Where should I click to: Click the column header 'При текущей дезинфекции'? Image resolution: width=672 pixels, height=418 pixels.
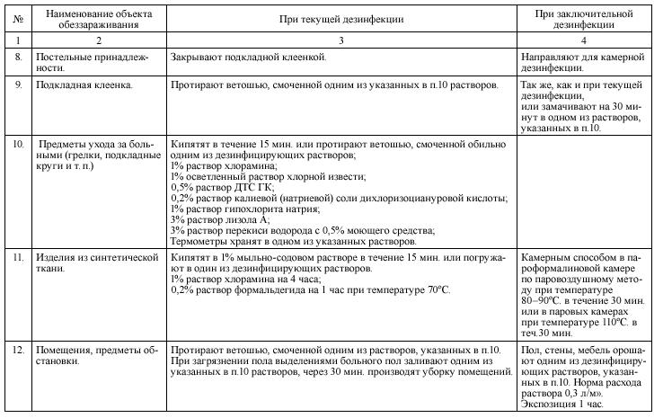pyautogui.click(x=342, y=18)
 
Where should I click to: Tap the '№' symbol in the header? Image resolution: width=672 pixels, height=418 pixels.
pyautogui.click(x=16, y=18)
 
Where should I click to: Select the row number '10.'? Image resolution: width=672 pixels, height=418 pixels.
pyautogui.click(x=18, y=143)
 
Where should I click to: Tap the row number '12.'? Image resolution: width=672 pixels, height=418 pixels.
pyautogui.click(x=18, y=349)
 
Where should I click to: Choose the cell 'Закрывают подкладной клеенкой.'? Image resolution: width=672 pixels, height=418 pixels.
pyautogui.click(x=248, y=57)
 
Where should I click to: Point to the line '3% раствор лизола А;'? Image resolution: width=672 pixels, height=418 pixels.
pyautogui.click(x=221, y=219)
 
